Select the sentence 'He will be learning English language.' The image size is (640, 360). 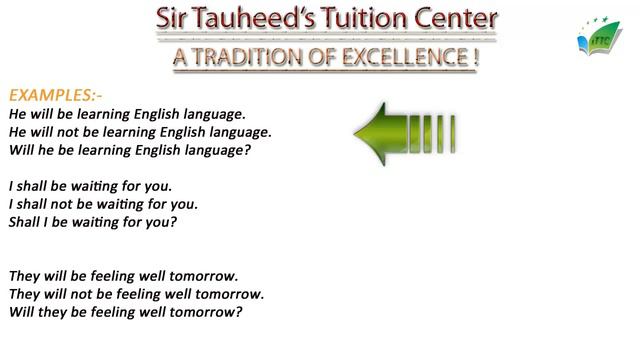[127, 115]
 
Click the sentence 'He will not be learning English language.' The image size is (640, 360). [140, 132]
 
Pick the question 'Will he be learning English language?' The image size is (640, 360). [129, 150]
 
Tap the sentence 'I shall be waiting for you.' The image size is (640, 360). [90, 186]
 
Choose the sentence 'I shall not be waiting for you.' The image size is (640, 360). [103, 204]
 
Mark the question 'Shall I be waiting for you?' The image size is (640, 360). [92, 222]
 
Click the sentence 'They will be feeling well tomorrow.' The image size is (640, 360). [123, 276]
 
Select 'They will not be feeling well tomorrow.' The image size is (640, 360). [136, 294]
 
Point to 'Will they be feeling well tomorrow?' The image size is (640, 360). [125, 312]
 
